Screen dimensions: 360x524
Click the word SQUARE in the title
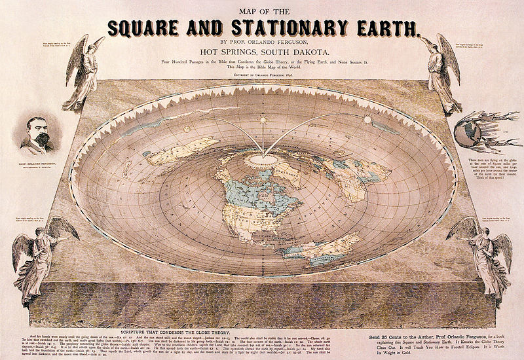pyautogui.click(x=153, y=28)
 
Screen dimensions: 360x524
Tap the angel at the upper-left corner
pyautogui.click(x=84, y=72)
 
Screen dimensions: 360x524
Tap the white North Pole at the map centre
pyautogui.click(x=262, y=159)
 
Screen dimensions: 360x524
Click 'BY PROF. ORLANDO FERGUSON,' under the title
pyautogui.click(x=262, y=43)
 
